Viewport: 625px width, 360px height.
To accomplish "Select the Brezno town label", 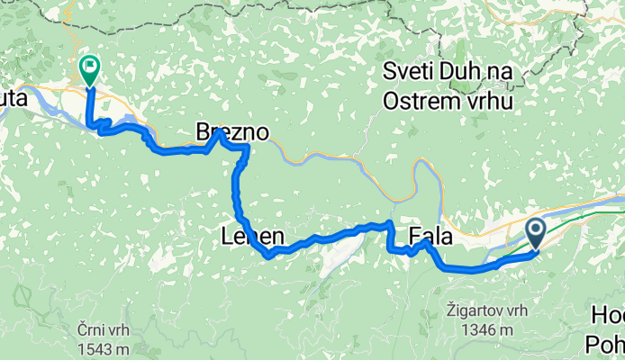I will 232,133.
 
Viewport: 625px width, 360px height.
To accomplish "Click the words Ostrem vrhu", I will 448,101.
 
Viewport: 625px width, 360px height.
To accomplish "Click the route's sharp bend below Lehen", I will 268,255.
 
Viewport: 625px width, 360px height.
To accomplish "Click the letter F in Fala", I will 415,237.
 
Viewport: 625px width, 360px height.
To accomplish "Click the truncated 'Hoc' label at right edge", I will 608,315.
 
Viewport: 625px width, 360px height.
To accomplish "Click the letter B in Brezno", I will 203,133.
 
